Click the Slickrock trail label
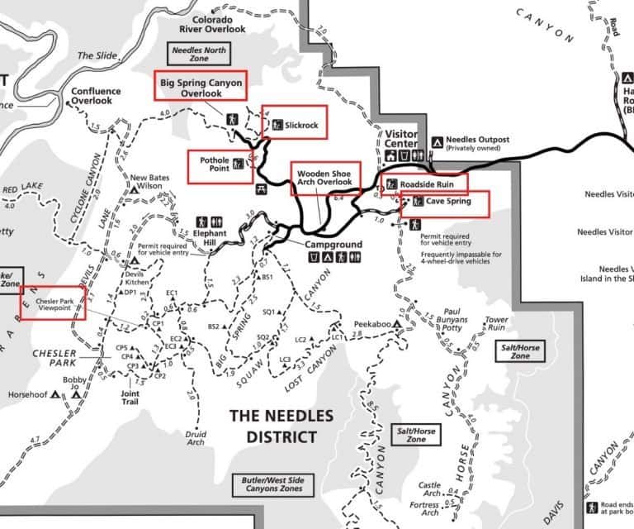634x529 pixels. [301, 124]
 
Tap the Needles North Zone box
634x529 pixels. [199, 55]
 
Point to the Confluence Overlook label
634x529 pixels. [95, 96]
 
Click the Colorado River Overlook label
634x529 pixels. [207, 24]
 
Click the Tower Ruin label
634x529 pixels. [497, 324]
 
